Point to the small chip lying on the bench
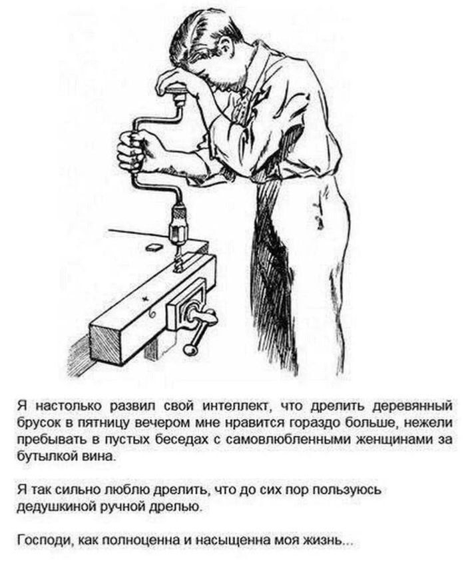(x=154, y=247)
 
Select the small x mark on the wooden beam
(x=146, y=298)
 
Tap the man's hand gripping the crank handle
(x=130, y=151)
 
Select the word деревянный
(x=413, y=406)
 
